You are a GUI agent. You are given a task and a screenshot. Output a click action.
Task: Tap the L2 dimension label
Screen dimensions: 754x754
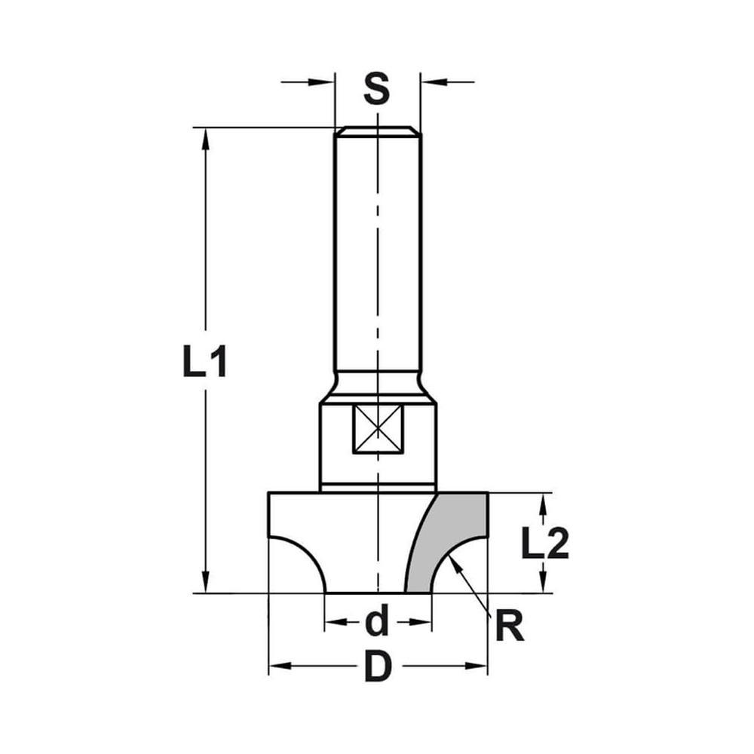point(544,544)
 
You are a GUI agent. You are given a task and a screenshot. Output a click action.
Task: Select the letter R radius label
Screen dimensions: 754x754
point(510,627)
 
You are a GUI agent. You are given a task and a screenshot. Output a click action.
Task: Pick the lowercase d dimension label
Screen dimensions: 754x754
point(376,622)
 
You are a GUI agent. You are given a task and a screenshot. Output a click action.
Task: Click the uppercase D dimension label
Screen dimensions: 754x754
point(378,667)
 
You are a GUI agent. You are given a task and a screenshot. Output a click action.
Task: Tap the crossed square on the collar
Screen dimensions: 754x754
point(378,429)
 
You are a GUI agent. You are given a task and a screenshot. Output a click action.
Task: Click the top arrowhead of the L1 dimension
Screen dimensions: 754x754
point(205,136)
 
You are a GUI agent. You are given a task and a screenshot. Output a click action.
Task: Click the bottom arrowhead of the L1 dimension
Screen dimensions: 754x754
point(205,584)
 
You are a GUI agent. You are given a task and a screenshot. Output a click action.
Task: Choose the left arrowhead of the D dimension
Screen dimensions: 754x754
point(277,666)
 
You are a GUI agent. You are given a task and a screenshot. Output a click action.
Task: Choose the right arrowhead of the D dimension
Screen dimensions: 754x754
point(480,666)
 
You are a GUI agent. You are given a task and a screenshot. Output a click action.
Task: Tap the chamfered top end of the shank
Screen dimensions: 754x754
point(377,132)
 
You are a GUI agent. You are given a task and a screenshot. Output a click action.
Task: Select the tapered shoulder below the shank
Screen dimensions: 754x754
point(378,388)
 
